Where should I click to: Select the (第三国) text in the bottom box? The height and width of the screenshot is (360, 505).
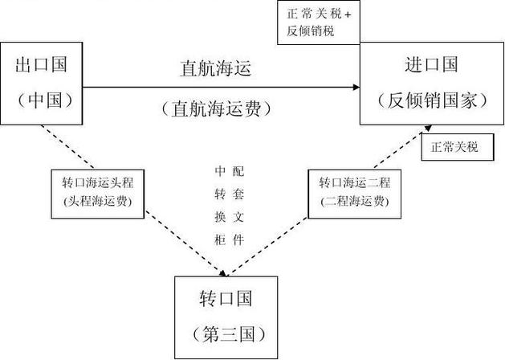pyautogui.click(x=226, y=333)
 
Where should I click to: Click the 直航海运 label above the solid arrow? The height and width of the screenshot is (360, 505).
pyautogui.click(x=216, y=68)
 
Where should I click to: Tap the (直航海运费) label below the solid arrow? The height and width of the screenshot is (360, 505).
pyautogui.click(x=216, y=107)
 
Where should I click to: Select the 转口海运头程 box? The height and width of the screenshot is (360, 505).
pyautogui.click(x=96, y=192)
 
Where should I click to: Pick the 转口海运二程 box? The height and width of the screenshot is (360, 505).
pyautogui.click(x=354, y=192)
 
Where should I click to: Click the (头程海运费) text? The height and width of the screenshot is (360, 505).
pyautogui.click(x=96, y=201)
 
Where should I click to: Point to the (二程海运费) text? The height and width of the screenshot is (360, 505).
pyautogui.click(x=354, y=201)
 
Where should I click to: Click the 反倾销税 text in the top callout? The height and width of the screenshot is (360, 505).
pyautogui.click(x=310, y=31)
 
